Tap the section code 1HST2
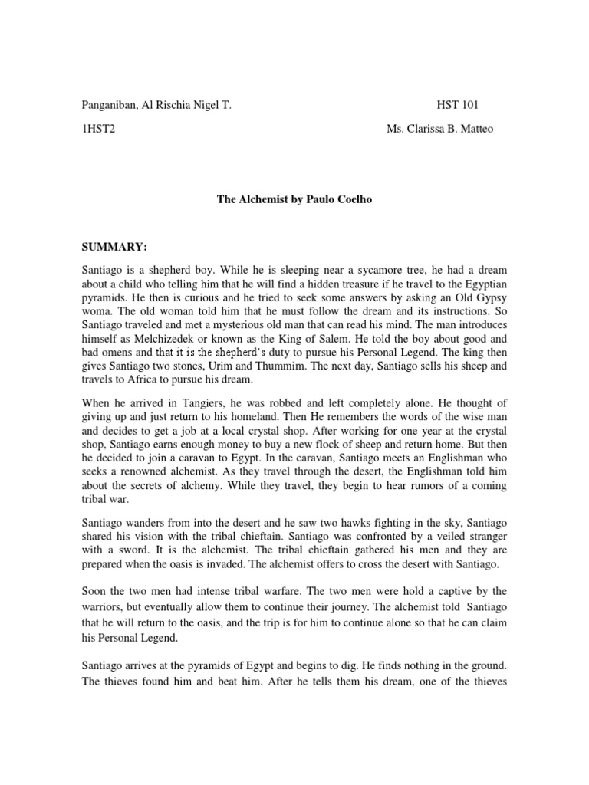point(98,129)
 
